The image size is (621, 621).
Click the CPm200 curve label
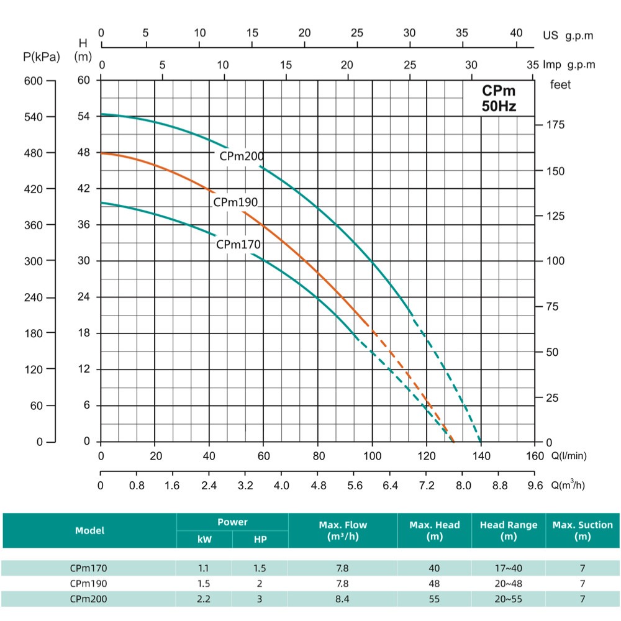pos(242,156)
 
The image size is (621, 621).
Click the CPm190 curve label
pos(235,202)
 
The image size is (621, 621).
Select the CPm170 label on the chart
pos(238,245)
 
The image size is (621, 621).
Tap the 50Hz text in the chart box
pos(499,106)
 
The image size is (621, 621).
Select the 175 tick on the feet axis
pos(555,125)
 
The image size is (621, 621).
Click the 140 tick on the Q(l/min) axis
pos(481,455)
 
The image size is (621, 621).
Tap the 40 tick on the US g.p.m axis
pos(516,33)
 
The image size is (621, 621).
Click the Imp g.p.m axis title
pos(569,65)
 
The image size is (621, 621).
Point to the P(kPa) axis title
pos(42,58)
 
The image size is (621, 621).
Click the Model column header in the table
pos(90,530)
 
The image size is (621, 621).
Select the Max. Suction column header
pos(582,530)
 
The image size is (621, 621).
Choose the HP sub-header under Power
pos(260,540)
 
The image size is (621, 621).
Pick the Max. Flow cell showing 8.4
pos(342,599)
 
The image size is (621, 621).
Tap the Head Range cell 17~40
pos(508,568)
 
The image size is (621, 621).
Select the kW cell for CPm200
pos(204,599)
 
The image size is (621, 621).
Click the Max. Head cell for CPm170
pos(434,568)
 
